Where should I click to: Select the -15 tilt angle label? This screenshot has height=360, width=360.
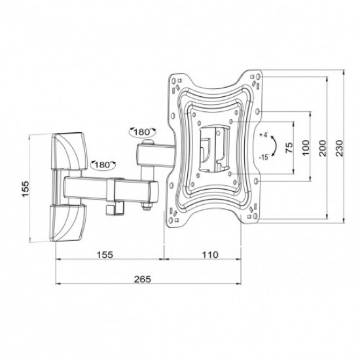[x=264, y=158]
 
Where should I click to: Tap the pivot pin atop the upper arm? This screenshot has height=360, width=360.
[x=151, y=141]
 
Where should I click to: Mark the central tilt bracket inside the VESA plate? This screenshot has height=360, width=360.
[x=212, y=145]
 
